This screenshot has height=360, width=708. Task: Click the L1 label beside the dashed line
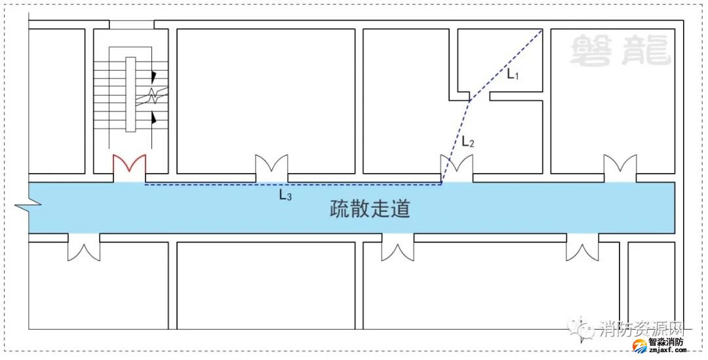[513, 75]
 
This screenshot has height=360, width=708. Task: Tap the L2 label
[467, 141]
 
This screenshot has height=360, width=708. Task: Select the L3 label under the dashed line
[285, 195]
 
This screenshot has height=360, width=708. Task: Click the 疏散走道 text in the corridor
[370, 210]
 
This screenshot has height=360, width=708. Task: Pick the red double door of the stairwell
[129, 167]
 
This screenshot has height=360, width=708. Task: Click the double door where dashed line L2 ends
[457, 168]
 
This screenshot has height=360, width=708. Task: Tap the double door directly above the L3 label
[271, 168]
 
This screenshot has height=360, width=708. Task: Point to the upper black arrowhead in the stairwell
[154, 76]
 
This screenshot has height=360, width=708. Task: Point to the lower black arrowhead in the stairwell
[154, 119]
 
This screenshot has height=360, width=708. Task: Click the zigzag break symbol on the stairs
[153, 96]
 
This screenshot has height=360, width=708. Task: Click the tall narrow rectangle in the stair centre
[130, 94]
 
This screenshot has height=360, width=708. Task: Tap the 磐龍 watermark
[620, 51]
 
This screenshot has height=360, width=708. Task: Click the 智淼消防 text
[665, 342]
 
